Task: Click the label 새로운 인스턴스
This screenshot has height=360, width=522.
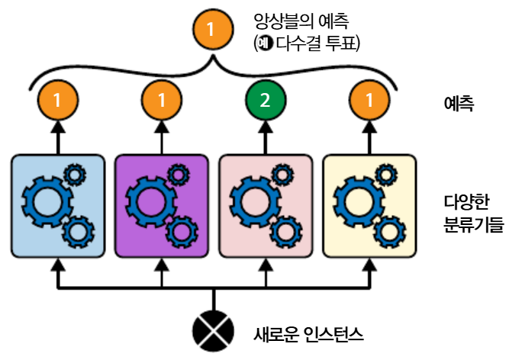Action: click(x=308, y=333)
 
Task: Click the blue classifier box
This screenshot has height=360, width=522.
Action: click(x=58, y=204)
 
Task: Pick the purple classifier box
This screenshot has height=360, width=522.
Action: click(x=162, y=204)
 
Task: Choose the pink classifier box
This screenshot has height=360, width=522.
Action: click(x=265, y=204)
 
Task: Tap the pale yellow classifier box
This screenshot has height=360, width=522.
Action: click(x=369, y=204)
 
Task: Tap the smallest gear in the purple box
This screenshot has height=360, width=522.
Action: click(x=179, y=175)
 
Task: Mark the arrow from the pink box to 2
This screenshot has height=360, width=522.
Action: click(x=265, y=137)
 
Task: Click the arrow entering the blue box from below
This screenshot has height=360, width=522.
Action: click(x=58, y=272)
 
